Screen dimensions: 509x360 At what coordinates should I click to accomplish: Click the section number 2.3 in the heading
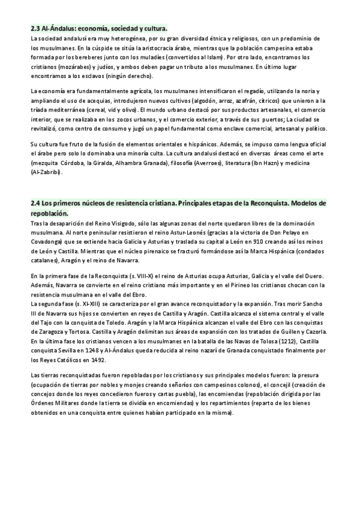(x=35, y=28)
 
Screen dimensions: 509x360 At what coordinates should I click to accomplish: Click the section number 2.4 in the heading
(x=35, y=203)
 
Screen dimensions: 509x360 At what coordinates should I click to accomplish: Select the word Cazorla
(x=314, y=333)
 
